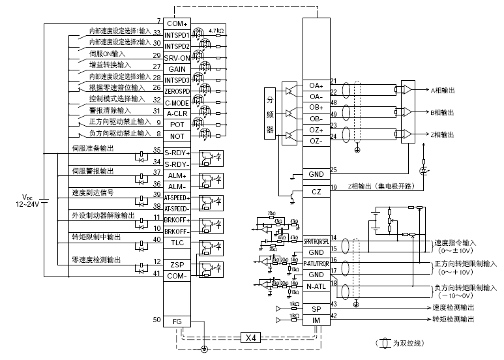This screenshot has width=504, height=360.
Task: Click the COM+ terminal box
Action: pyautogui.click(x=177, y=23)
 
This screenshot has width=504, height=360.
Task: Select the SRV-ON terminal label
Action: pyautogui.click(x=177, y=58)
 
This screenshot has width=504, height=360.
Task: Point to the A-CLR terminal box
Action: pyautogui.click(x=177, y=113)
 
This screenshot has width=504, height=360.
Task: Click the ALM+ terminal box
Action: pyautogui.click(x=177, y=175)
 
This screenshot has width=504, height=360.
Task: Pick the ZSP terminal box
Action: pyautogui.click(x=177, y=265)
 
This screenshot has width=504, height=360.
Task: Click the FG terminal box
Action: pyautogui.click(x=177, y=321)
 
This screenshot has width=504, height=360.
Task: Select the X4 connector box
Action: pyautogui.click(x=251, y=337)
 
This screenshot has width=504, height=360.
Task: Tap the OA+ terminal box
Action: pyautogui.click(x=316, y=85)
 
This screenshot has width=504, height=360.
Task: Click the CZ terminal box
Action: pyautogui.click(x=316, y=192)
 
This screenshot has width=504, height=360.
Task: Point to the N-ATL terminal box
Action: pyautogui.click(x=316, y=286)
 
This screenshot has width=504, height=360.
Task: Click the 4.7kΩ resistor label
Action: pyautogui.click(x=217, y=31)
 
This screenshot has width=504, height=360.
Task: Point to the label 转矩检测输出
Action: pyautogui.click(x=453, y=320)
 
